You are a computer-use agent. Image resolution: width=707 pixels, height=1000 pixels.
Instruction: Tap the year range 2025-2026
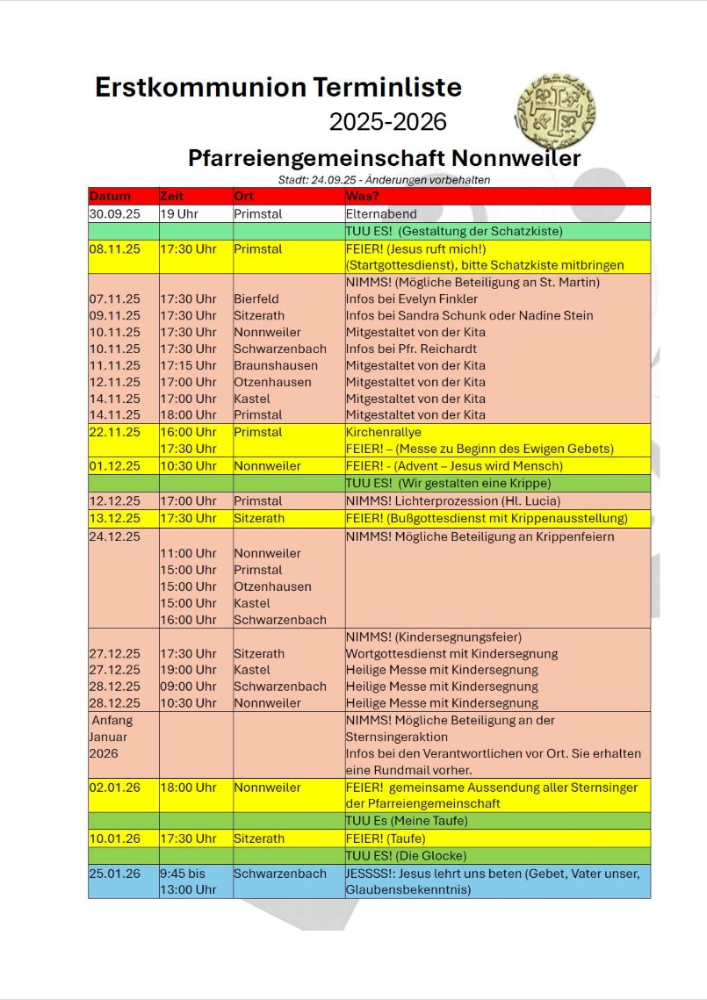(x=387, y=121)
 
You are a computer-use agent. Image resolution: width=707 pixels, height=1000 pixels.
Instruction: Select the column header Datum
(x=110, y=196)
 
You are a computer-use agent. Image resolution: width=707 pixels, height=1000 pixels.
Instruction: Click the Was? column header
(x=362, y=196)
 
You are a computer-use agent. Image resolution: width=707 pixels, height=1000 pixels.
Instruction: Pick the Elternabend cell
(x=381, y=213)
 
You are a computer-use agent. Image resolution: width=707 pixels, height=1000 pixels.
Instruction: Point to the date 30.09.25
(x=114, y=213)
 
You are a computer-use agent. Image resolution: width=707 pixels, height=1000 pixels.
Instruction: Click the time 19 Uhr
(x=179, y=213)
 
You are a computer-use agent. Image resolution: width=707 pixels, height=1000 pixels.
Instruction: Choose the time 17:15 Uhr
(x=187, y=365)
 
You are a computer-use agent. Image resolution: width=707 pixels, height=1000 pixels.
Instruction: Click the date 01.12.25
(x=114, y=466)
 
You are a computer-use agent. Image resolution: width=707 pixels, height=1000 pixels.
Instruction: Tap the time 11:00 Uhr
(x=187, y=553)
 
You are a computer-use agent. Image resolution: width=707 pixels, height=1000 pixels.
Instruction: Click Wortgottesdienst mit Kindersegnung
(x=451, y=653)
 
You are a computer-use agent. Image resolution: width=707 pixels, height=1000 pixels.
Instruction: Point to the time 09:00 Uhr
(x=187, y=687)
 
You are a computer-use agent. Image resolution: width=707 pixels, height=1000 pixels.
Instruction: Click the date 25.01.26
(x=114, y=874)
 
